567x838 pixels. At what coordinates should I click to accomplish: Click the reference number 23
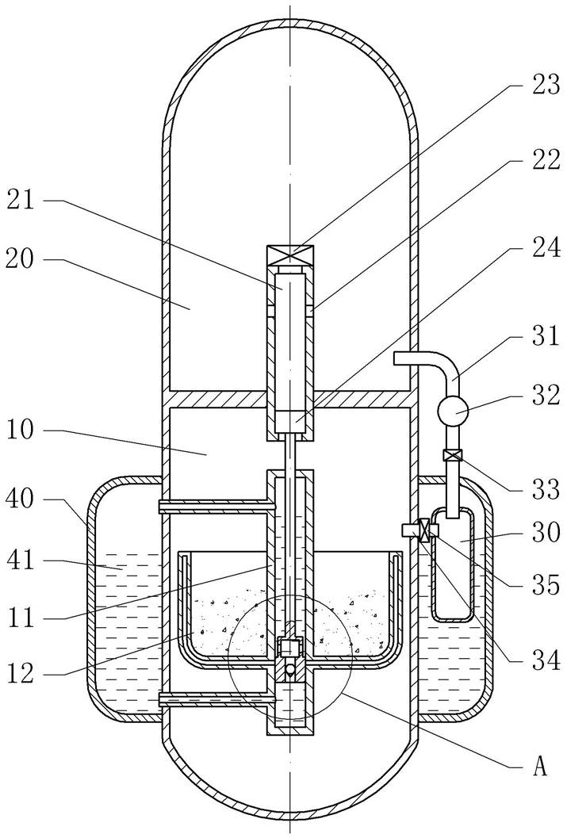pyautogui.click(x=546, y=85)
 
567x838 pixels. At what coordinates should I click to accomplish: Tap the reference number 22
pyautogui.click(x=546, y=161)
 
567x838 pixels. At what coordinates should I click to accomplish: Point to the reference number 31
pyautogui.click(x=546, y=337)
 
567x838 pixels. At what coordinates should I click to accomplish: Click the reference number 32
pyautogui.click(x=546, y=395)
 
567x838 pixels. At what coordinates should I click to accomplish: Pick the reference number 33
pyautogui.click(x=546, y=489)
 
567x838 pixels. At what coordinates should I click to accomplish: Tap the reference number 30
pyautogui.click(x=546, y=533)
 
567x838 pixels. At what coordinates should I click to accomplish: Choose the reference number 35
pyautogui.click(x=546, y=585)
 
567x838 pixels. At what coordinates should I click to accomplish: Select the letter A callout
pyautogui.click(x=540, y=767)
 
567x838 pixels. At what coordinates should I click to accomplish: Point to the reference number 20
pyautogui.click(x=21, y=260)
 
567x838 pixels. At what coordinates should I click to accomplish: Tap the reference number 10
pyautogui.click(x=21, y=430)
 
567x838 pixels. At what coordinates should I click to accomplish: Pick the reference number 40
pyautogui.click(x=21, y=499)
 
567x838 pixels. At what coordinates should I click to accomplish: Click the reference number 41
pyautogui.click(x=21, y=561)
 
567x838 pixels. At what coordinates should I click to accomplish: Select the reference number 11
pyautogui.click(x=21, y=618)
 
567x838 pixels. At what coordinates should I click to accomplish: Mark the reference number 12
pyautogui.click(x=21, y=674)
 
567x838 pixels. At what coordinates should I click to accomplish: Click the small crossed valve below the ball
pyautogui.click(x=453, y=455)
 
